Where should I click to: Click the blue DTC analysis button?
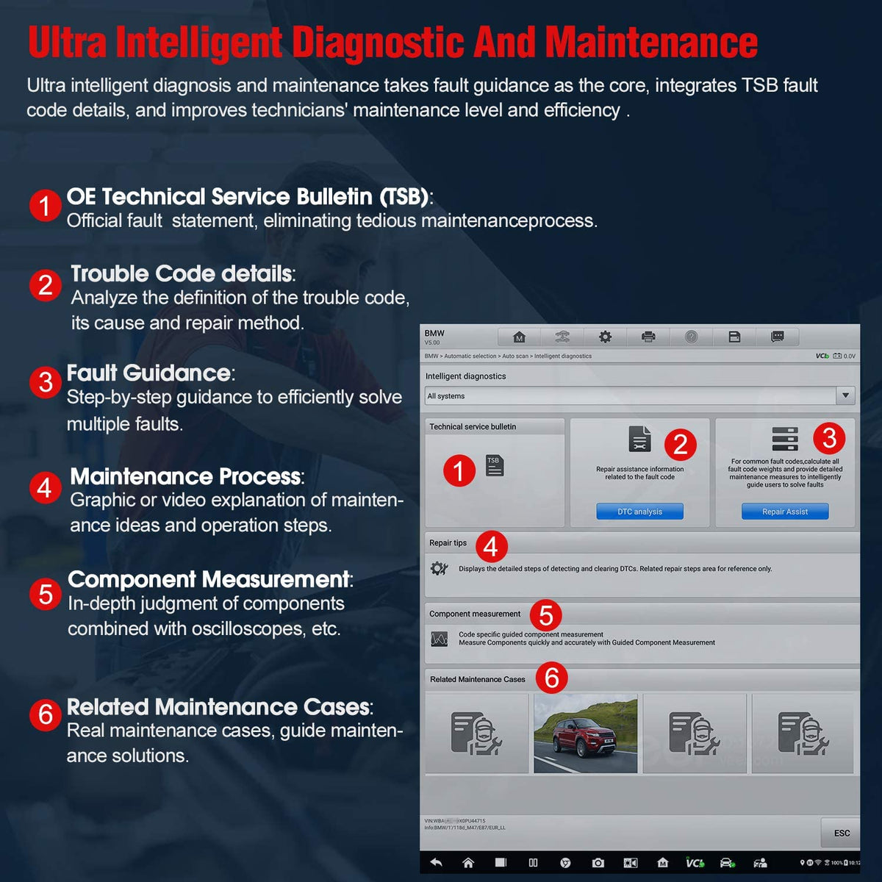tap(639, 512)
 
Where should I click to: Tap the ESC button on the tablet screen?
tap(842, 833)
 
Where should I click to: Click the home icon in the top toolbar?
tap(519, 337)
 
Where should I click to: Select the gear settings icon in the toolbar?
tap(605, 337)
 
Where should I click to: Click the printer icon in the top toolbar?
tap(648, 337)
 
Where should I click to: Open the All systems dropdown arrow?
tap(845, 395)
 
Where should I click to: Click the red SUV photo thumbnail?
tap(585, 734)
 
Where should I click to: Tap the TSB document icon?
tap(495, 465)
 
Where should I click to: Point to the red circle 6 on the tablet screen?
tap(551, 677)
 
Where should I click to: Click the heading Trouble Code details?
tap(182, 273)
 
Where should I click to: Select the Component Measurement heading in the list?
tap(209, 579)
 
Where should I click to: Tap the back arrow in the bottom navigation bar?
tap(436, 862)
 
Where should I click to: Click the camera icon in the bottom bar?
tap(598, 862)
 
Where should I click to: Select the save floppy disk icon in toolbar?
tap(734, 337)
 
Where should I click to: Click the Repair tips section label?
tap(448, 543)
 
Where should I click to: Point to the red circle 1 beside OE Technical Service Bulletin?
tap(46, 206)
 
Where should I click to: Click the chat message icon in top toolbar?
tap(777, 337)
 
